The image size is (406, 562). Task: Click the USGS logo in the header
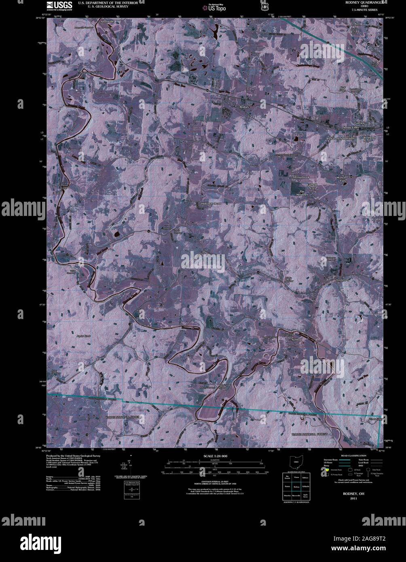coord(59,5)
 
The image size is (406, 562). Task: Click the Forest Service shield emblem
coord(264,7)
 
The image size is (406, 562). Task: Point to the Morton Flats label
coord(342,180)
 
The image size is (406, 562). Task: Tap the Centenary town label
coord(345,279)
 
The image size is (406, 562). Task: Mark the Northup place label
coord(296,340)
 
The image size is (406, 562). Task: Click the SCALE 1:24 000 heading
coord(216,456)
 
